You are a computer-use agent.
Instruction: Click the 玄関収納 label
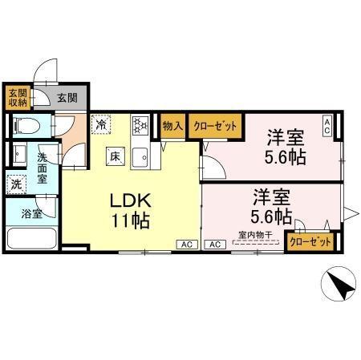[18, 96]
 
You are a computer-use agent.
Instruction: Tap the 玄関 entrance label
[67, 99]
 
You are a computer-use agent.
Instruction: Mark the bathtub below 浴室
[31, 239]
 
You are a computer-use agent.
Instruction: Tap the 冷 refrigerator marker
[101, 124]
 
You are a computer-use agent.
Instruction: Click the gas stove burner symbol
[140, 125]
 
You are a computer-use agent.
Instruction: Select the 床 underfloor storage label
[116, 156]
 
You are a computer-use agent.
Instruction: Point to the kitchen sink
[140, 156]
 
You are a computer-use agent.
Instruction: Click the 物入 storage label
[172, 125]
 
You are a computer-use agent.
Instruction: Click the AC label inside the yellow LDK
[187, 244]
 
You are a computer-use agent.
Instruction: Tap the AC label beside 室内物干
[215, 244]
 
